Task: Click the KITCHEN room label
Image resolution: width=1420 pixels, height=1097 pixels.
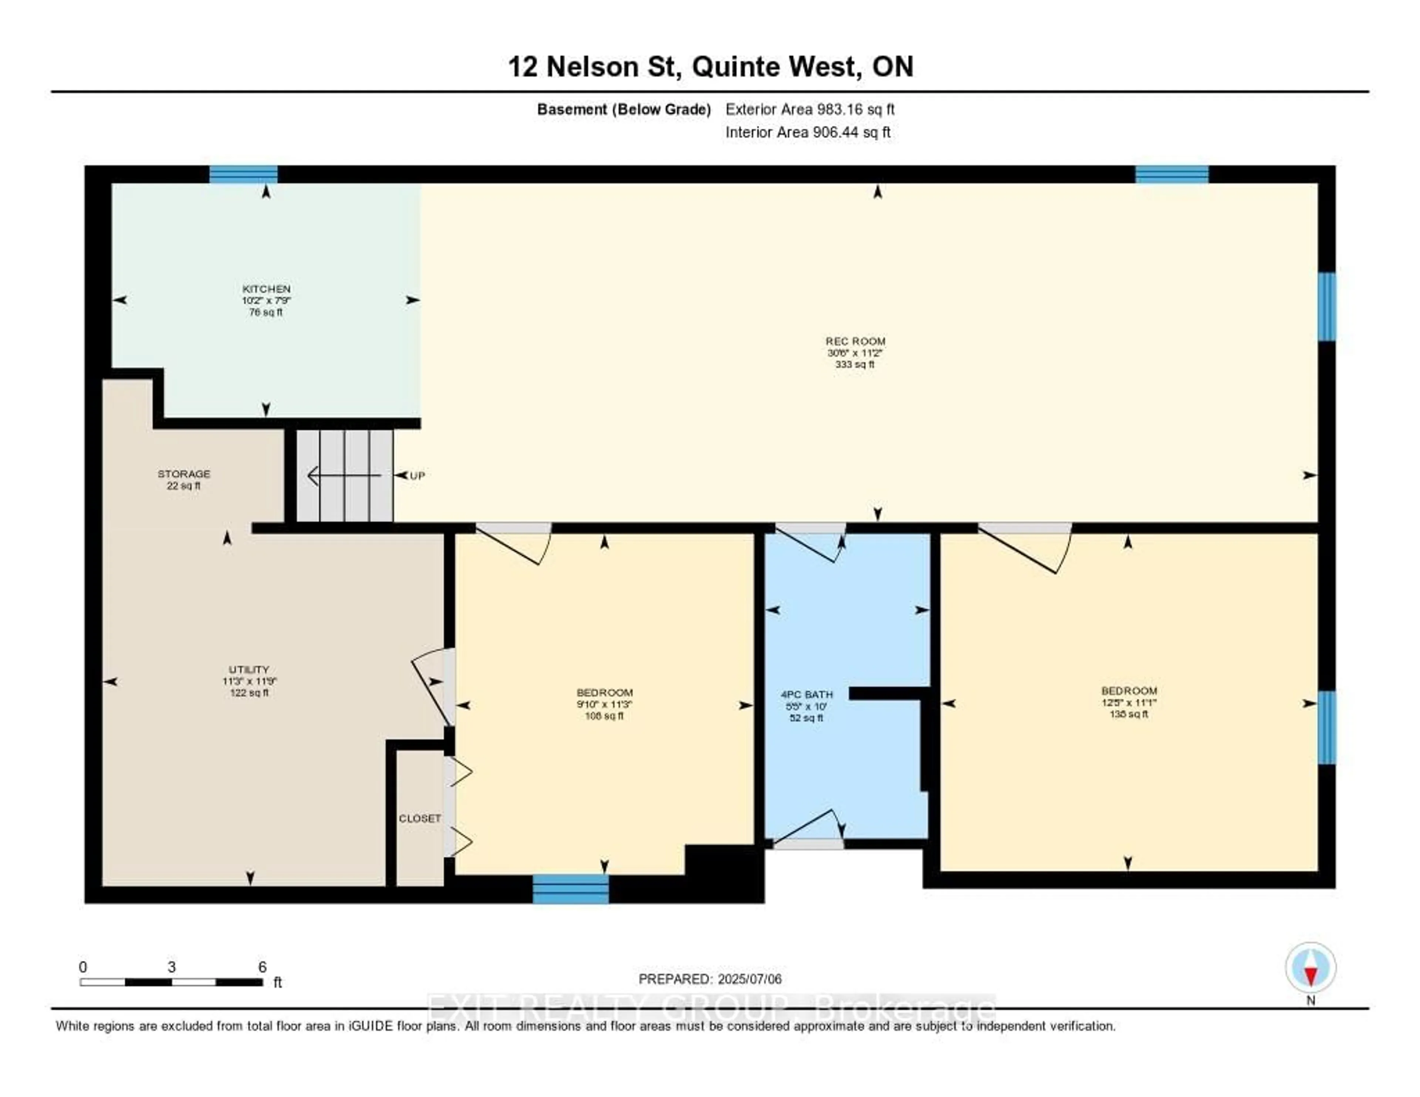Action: point(266,300)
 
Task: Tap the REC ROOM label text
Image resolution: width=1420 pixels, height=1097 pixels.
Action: point(855,352)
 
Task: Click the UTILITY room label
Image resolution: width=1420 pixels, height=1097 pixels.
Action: point(248,680)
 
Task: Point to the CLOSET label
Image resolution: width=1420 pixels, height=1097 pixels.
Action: point(419,818)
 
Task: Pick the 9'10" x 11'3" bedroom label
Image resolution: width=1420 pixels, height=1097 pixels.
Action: point(604,703)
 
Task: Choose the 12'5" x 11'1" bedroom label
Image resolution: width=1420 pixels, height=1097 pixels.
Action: point(1129,702)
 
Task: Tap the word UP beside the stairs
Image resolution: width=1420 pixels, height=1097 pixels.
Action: point(417,475)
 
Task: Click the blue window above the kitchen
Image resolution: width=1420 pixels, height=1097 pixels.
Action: point(243,174)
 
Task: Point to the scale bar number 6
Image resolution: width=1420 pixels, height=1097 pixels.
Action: point(262,967)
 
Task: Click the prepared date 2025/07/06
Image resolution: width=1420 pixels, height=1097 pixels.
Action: point(710,979)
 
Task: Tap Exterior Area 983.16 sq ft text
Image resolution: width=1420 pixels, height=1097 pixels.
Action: point(809,109)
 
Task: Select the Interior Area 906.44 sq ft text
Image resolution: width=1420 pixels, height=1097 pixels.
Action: point(808,132)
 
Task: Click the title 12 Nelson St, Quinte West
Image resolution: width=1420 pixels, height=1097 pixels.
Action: point(710,66)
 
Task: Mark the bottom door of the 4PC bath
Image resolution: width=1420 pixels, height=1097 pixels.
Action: point(808,843)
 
